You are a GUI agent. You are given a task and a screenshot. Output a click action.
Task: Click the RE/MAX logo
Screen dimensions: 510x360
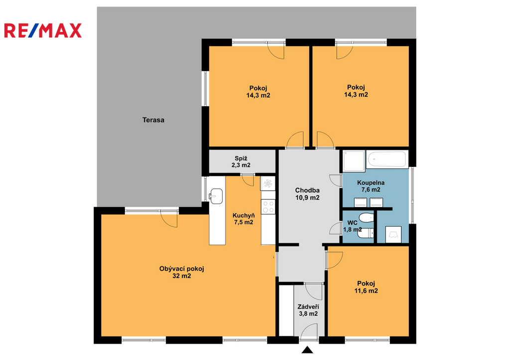43,30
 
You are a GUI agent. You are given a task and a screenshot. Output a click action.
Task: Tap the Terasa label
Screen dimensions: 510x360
153,120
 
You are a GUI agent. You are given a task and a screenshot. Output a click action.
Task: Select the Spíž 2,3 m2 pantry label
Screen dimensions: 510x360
241,162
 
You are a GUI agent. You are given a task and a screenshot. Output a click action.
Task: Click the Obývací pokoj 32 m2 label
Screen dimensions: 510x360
181,272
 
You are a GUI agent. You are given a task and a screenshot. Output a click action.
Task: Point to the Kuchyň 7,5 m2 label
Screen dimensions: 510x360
244,219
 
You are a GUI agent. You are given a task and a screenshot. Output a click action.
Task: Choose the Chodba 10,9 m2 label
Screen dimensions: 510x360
307,194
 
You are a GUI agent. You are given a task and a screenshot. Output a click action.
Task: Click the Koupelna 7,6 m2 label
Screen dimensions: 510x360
371,186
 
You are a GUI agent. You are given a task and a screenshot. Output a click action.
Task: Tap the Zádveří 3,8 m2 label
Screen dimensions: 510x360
308,310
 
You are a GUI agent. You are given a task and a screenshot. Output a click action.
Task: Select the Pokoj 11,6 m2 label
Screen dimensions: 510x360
366,287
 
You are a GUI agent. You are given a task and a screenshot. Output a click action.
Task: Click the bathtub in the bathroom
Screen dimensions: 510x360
387,159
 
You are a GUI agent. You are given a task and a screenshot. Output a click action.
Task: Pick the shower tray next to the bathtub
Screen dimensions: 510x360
354,161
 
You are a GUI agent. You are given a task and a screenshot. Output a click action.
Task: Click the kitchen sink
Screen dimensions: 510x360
216,196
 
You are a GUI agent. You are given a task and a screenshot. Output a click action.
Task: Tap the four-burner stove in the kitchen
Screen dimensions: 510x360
268,207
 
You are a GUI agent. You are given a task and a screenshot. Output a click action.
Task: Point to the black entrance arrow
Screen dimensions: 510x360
307,350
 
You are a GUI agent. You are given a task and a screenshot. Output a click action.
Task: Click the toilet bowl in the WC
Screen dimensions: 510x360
366,218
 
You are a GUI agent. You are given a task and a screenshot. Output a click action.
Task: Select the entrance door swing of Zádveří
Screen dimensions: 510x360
309,331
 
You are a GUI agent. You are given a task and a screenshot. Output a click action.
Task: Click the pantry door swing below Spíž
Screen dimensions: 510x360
248,180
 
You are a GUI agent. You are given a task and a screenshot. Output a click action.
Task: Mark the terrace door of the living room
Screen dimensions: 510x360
169,219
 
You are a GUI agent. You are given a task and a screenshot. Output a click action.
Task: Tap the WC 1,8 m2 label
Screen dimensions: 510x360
352,226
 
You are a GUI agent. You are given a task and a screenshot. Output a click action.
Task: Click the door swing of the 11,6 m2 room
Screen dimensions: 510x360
334,260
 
